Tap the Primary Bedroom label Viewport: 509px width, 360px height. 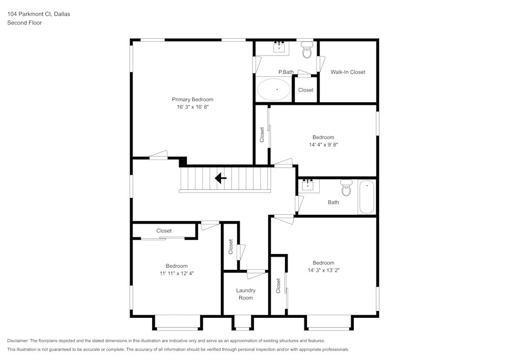pyautogui.click(x=192, y=100)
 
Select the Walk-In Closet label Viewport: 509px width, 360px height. pyautogui.click(x=348, y=72)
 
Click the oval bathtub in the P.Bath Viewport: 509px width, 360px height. pyautogui.click(x=274, y=90)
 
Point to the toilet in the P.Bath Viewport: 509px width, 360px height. pyautogui.click(x=307, y=51)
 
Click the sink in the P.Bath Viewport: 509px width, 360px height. pyautogui.click(x=279, y=48)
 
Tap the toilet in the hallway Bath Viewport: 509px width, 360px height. pyautogui.click(x=347, y=189)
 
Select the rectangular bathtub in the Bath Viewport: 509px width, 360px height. pyautogui.click(x=366, y=198)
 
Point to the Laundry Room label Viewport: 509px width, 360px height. pyautogui.click(x=246, y=294)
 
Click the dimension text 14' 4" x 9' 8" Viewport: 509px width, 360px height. pyautogui.click(x=323, y=145)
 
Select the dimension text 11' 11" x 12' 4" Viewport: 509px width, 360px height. pyautogui.click(x=177, y=273)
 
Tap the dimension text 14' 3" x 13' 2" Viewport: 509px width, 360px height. pyautogui.click(x=323, y=270)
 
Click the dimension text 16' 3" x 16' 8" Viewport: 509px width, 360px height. pyautogui.click(x=193, y=107)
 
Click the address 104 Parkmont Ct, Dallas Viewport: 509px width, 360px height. pyautogui.click(x=39, y=14)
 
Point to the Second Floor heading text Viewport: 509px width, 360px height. pyautogui.click(x=24, y=23)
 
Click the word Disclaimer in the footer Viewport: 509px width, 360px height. pyautogui.click(x=18, y=341)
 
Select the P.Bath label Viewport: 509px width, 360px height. pyautogui.click(x=286, y=72)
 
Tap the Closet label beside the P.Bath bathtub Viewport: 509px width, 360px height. pyautogui.click(x=306, y=90)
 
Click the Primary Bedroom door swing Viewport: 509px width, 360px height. pyautogui.click(x=158, y=155)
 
